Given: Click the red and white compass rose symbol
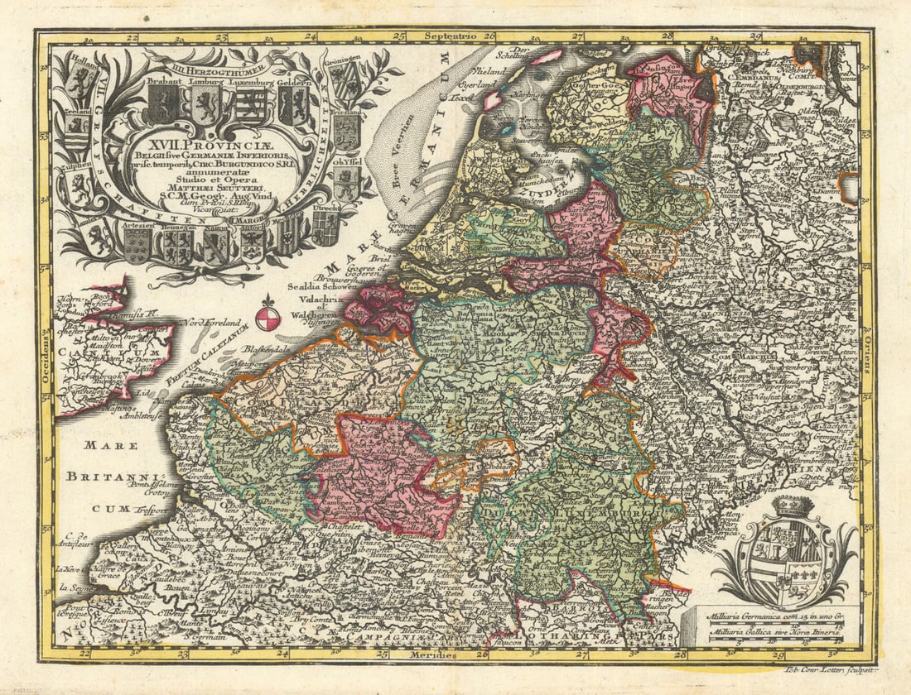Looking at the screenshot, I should [268, 317].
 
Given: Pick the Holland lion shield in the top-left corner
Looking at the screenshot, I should [81, 81].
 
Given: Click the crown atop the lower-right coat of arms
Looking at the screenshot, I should [793, 506].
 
